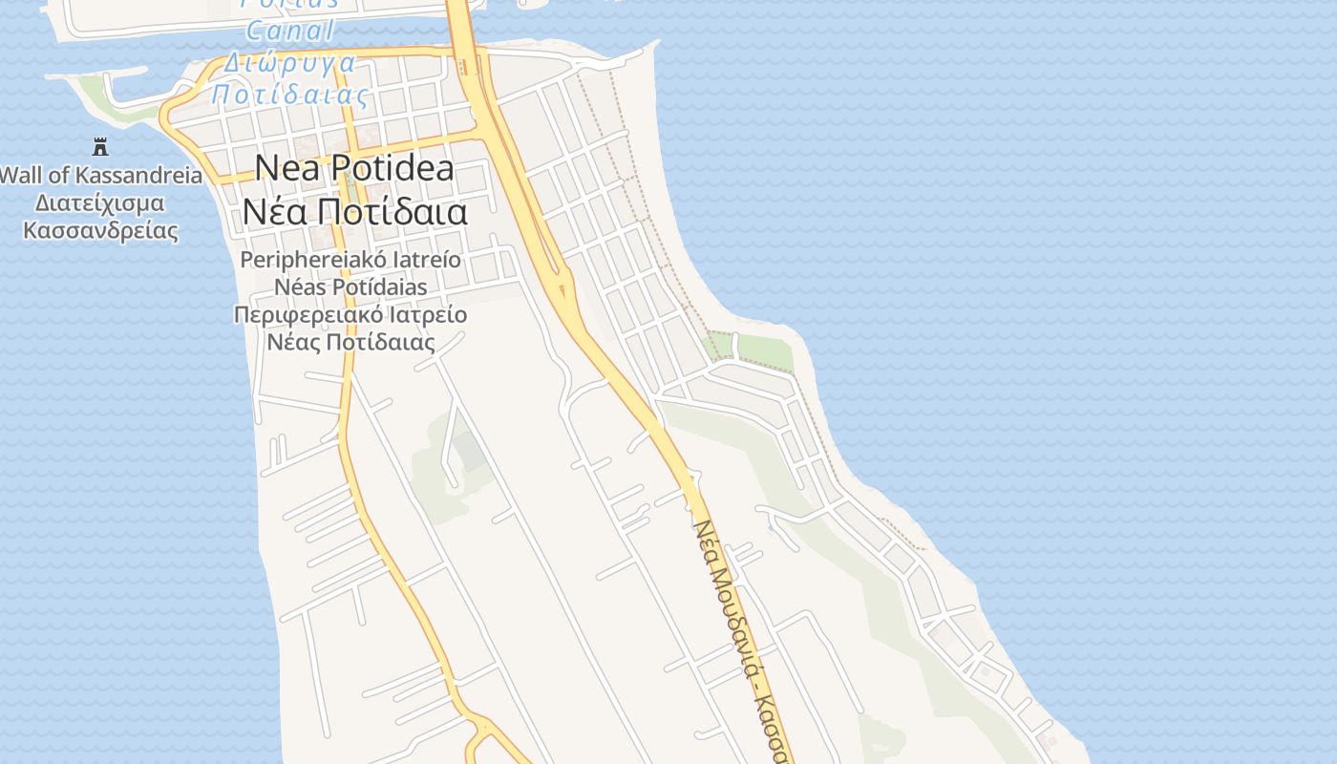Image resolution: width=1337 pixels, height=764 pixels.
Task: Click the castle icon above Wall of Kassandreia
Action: [x=100, y=146]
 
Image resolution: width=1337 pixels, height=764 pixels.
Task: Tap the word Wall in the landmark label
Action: [x=20, y=176]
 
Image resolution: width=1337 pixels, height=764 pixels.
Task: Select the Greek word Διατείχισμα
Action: [x=99, y=203]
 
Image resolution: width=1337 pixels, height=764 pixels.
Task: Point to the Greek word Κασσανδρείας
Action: [x=100, y=231]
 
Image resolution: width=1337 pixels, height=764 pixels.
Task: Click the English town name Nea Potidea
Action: [x=353, y=169]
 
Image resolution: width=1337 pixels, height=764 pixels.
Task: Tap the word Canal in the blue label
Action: [x=290, y=31]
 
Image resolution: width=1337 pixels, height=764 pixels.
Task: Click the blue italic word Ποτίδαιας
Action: [x=289, y=95]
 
